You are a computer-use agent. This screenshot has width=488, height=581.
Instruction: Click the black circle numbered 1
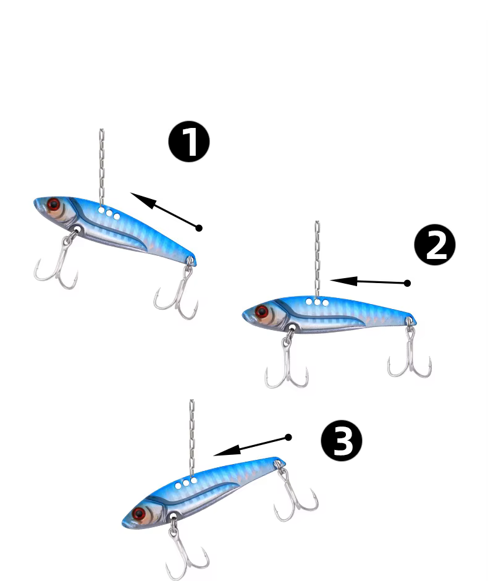tap(189, 142)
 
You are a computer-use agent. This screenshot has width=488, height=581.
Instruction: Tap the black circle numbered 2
tap(435, 245)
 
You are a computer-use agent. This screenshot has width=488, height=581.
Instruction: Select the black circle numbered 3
tap(342, 440)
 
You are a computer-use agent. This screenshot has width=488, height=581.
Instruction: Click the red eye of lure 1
tap(53, 204)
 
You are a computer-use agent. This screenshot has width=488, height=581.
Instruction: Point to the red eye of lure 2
tap(262, 312)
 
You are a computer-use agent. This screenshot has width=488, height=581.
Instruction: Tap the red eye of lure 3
tap(139, 514)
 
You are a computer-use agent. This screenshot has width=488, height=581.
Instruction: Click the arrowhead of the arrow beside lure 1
tap(143, 200)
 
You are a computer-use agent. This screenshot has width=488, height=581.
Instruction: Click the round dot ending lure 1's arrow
tap(199, 228)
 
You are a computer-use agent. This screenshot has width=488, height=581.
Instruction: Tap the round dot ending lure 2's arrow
tap(407, 283)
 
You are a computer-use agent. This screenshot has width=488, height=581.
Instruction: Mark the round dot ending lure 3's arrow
tap(288, 438)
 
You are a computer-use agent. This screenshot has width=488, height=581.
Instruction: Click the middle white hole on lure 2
tap(318, 302)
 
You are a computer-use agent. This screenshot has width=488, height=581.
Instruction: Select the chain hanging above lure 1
tap(101, 167)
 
